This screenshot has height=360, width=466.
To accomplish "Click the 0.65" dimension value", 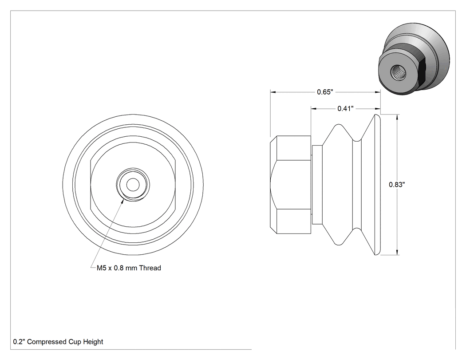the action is coord(325,92).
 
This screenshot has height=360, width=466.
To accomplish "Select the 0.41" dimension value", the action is coord(345,109).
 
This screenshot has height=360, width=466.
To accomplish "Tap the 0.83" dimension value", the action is coord(397,185).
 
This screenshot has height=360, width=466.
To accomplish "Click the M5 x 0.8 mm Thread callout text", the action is coord(129,268).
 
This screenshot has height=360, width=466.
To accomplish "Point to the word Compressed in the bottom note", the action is coord(47,342).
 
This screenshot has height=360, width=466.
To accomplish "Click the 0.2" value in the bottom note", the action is coord(19,342).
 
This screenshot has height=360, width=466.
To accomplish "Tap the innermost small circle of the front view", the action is coord(133,185).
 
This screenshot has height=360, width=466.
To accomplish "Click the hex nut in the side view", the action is coord(291,185).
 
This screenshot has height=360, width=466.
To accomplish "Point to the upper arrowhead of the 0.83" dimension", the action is coord(398,117).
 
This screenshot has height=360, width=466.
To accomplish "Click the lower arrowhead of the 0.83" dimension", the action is coord(398,253).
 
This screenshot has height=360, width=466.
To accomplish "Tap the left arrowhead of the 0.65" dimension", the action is coord(273,92).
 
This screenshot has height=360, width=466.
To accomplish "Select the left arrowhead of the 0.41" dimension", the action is coord(314,109).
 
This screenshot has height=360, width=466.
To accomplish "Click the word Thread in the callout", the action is coord(150,268).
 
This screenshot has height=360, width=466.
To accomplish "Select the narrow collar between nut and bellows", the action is coord(317,185).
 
